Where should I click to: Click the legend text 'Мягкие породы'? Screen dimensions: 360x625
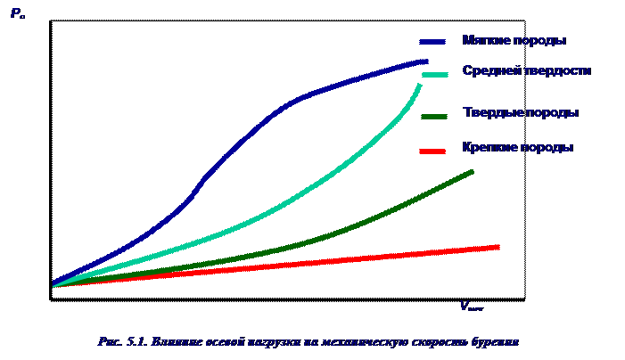pyautogui.click(x=514, y=41)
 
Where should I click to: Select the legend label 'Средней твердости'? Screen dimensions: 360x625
pyautogui.click(x=526, y=70)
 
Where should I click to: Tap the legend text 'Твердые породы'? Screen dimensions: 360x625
pyautogui.click(x=521, y=113)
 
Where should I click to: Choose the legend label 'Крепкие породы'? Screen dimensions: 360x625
pyautogui.click(x=517, y=147)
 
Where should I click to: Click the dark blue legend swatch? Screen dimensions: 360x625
pyautogui.click(x=433, y=42)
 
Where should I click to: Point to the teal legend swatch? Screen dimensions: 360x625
pyautogui.click(x=435, y=75)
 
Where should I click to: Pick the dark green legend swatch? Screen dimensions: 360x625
pyautogui.click(x=434, y=116)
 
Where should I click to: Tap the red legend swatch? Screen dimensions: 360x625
pyautogui.click(x=432, y=151)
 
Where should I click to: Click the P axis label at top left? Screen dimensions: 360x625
pyautogui.click(x=17, y=13)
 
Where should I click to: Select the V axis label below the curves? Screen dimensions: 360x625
pyautogui.click(x=471, y=307)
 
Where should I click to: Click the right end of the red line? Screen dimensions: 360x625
pyautogui.click(x=497, y=247)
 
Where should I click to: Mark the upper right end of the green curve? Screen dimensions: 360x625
pyautogui.click(x=472, y=171)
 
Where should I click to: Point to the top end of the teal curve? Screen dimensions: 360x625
pyautogui.click(x=419, y=85)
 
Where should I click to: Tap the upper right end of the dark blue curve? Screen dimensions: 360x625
pyautogui.click(x=426, y=61)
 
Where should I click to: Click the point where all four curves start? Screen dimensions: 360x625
pyautogui.click(x=53, y=285)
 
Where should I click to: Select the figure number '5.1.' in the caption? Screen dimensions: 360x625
pyautogui.click(x=136, y=341)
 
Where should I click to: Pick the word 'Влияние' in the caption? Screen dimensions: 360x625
pyautogui.click(x=174, y=341)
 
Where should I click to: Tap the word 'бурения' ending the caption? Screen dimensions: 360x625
pyautogui.click(x=495, y=341)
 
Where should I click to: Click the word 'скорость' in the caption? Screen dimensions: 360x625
pyautogui.click(x=439, y=341)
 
